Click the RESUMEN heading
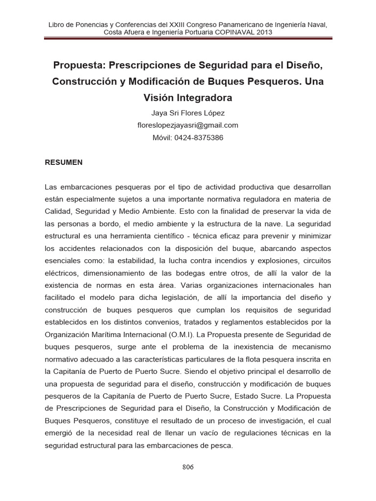click(64, 162)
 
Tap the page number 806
click(188, 467)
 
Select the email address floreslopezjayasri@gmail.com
click(188, 125)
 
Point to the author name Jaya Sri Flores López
click(188, 113)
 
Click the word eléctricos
click(61, 273)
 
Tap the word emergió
click(60, 433)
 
